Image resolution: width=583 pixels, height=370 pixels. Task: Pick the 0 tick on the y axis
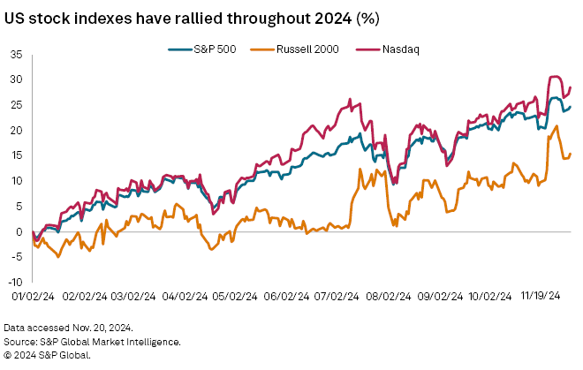click(x=19, y=231)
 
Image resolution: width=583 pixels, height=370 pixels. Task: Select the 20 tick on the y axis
click(x=17, y=130)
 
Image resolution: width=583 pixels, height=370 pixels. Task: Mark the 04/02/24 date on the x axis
click(x=187, y=298)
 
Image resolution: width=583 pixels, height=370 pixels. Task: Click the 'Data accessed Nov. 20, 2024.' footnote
click(x=68, y=327)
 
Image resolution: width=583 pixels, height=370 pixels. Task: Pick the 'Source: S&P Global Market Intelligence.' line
click(x=93, y=341)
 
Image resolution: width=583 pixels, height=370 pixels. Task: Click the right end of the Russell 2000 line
click(x=571, y=154)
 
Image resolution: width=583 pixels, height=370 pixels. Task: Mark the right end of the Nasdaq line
click(x=571, y=87)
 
